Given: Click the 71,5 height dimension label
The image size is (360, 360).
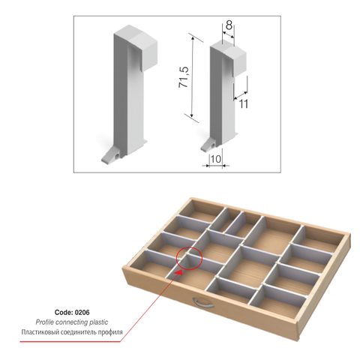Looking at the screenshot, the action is [184, 77].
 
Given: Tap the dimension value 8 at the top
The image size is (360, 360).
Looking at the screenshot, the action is [229, 25].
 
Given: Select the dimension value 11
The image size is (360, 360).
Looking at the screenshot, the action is [244, 104].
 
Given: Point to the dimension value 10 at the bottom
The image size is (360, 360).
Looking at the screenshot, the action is [216, 159].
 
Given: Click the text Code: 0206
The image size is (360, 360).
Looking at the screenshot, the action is [72, 312].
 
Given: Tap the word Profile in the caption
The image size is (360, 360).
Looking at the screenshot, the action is [45, 322].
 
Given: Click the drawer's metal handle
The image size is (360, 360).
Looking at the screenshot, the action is [203, 302].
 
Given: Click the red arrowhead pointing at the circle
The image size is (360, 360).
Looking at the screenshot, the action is [178, 271].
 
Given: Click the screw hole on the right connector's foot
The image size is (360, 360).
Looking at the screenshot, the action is [212, 145].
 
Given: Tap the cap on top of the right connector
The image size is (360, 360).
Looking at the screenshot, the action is [229, 58].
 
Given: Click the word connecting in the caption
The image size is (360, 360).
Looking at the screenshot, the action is [71, 322].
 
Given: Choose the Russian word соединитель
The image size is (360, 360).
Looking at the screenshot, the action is [77, 332].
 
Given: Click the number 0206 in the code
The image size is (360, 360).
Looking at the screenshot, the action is [82, 312].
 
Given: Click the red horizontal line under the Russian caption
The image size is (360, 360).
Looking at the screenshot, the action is [70, 342].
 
